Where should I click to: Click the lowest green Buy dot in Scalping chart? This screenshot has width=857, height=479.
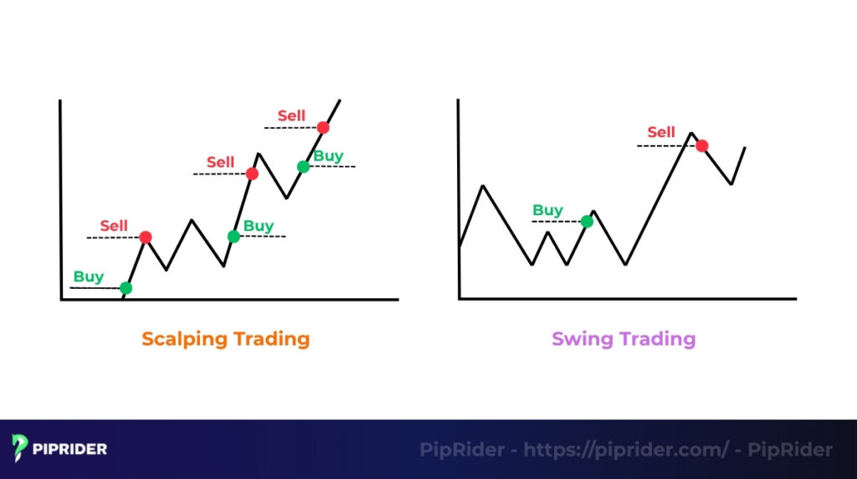point(126,288)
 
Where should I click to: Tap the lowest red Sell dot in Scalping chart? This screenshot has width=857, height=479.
point(145,238)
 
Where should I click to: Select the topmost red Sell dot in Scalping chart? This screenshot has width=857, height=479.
point(323,127)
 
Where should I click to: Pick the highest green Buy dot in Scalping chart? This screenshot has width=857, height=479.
point(303,167)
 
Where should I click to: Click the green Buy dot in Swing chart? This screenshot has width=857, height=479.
point(587,221)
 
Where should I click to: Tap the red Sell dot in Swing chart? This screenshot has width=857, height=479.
point(702,146)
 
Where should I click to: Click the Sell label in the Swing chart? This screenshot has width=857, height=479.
point(661,132)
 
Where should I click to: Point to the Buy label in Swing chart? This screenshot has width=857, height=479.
point(548,210)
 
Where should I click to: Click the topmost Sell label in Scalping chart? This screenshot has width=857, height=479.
point(291,116)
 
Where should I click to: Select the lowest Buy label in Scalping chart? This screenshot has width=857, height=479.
point(89,276)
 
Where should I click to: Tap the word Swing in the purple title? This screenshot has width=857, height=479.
point(582,340)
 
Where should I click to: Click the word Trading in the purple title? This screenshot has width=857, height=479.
point(657,339)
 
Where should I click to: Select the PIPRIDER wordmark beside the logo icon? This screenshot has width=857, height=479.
point(70,449)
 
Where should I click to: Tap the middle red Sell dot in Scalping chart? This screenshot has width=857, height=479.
point(251,174)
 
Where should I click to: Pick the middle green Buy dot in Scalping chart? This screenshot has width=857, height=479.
point(233,236)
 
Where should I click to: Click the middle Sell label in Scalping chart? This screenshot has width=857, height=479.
point(221,162)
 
